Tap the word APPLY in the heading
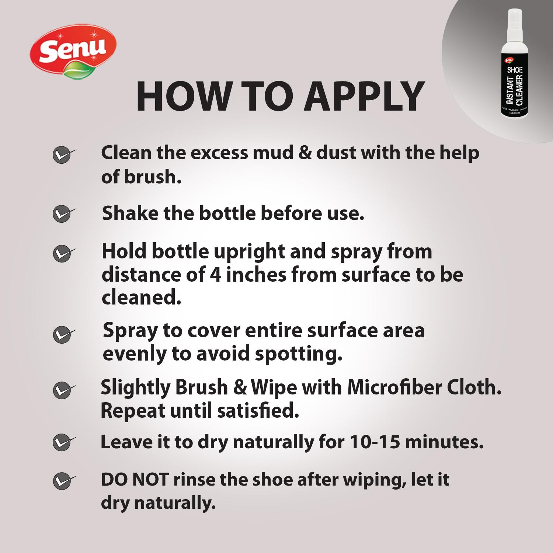(365, 96)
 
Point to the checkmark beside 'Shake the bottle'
(63, 214)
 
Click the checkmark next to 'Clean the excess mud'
(63, 155)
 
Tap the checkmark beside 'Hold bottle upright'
(64, 254)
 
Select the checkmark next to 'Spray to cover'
(64, 334)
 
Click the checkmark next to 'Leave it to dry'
(64, 442)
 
